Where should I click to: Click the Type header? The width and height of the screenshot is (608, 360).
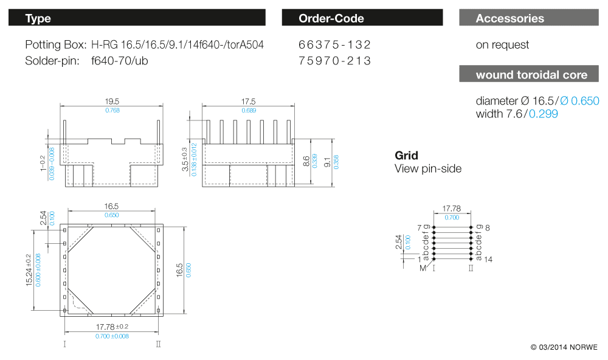38,18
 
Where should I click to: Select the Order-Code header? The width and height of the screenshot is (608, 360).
331,18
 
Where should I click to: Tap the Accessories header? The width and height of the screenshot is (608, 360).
510,18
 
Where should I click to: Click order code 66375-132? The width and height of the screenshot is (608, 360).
334,45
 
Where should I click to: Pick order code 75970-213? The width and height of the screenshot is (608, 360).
334,61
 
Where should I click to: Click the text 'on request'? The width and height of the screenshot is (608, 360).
502,45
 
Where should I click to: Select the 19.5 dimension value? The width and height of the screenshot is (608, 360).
112,102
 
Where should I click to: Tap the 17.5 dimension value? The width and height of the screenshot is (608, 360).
248,102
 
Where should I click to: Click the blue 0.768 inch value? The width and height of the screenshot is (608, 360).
112,110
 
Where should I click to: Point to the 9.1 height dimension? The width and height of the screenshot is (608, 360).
328,162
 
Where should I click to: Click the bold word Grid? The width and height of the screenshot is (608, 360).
406,156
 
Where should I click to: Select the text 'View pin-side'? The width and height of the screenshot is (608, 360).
428,168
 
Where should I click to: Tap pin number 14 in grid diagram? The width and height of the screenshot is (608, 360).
488,259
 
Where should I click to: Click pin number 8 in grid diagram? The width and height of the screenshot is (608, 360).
488,228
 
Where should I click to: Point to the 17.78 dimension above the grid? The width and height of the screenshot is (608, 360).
451,209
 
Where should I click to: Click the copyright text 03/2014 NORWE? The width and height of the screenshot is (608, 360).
564,347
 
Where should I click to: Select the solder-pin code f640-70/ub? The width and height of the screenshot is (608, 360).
120,61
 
